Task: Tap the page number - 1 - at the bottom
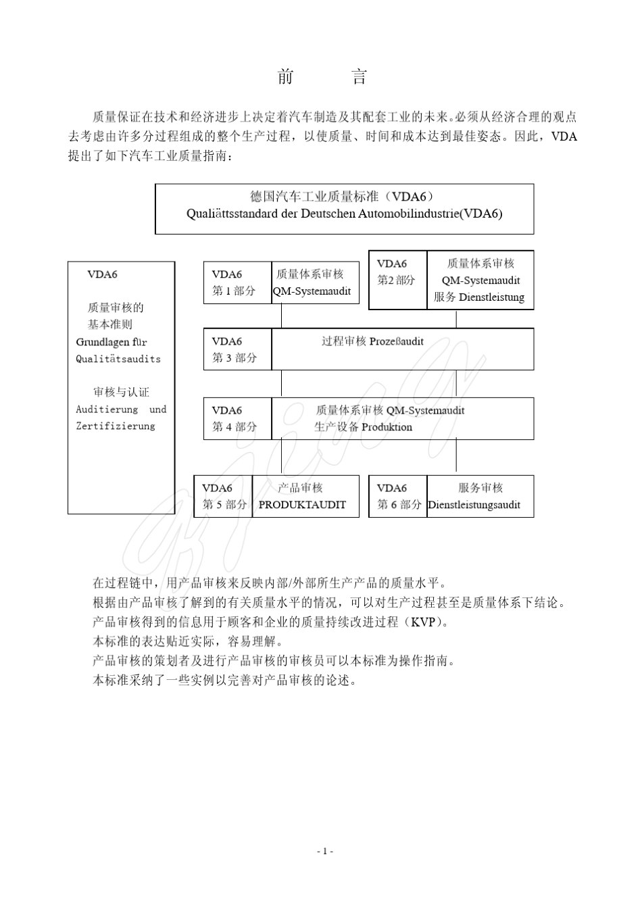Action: click(x=325, y=851)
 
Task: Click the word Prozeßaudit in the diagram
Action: click(x=396, y=341)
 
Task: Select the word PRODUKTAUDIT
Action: click(x=302, y=505)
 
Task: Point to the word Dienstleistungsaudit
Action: click(x=474, y=505)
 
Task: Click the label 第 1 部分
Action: click(x=234, y=291)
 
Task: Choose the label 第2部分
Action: click(x=396, y=280)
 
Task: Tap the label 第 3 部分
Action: click(x=234, y=358)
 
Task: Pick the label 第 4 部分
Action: click(x=234, y=427)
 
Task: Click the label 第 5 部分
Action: click(x=224, y=505)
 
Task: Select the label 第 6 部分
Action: click(x=399, y=505)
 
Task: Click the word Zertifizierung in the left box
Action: click(x=116, y=426)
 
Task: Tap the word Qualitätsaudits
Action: click(x=118, y=359)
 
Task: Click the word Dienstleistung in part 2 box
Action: click(x=491, y=297)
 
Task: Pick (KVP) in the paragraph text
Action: click(x=425, y=622)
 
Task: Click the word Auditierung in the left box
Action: click(x=107, y=410)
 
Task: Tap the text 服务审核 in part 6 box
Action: click(x=480, y=488)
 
